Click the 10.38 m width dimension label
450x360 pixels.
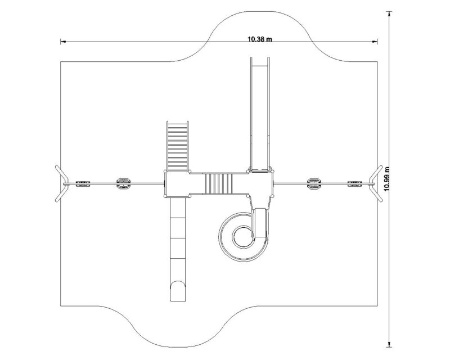coord(260,39)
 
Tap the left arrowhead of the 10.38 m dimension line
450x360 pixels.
coord(63,42)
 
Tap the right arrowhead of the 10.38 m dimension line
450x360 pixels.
coord(375,42)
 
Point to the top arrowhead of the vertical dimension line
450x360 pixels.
coord(389,14)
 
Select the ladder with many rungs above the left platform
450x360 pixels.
coord(178,146)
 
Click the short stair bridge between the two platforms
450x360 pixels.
coord(219,183)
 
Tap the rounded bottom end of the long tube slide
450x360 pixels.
coord(178,291)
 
